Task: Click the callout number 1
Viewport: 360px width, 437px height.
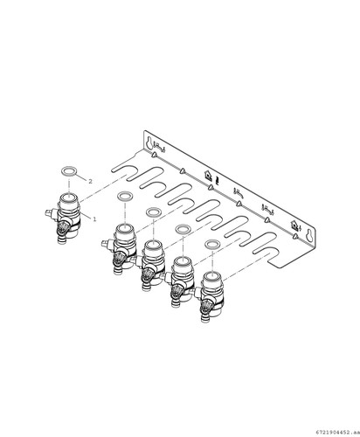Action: coord(94,219)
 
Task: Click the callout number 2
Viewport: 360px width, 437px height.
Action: coord(90,181)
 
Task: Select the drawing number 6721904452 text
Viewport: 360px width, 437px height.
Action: coord(337,431)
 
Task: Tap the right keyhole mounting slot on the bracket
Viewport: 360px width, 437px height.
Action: coord(309,235)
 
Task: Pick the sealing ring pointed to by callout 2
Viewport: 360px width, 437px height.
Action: coord(68,171)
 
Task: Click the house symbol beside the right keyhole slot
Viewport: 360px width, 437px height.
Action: coord(294,225)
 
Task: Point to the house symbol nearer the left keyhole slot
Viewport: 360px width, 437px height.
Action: coord(208,175)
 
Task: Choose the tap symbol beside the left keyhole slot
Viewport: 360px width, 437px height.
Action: coord(159,147)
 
